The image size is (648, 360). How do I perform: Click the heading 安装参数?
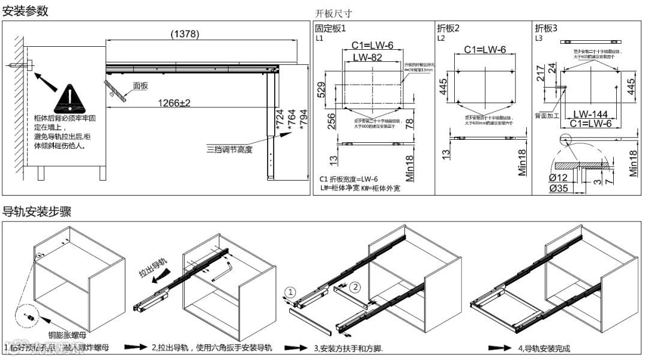point(26,11)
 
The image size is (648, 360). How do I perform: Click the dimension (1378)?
point(184,34)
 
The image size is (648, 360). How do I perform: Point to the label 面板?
point(140,86)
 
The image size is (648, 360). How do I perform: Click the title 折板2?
point(448,28)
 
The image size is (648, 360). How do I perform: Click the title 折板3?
point(546,28)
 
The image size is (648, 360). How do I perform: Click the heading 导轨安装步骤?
point(37,211)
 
